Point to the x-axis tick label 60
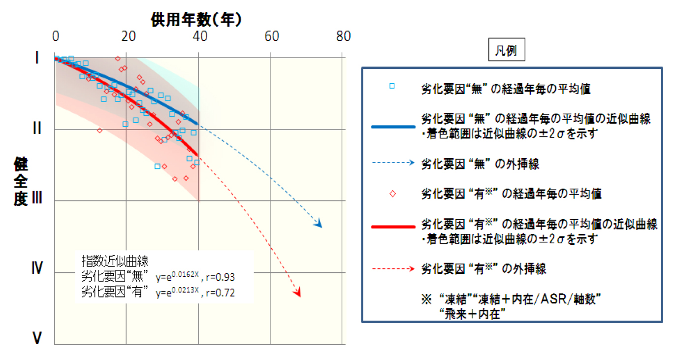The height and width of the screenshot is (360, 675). [271, 36]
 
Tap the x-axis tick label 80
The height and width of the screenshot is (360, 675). [343, 36]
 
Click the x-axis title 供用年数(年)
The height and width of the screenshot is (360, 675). [196, 19]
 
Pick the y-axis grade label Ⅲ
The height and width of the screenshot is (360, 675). [37, 199]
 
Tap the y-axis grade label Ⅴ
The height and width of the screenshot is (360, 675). [37, 338]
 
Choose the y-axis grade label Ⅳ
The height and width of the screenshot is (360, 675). [37, 269]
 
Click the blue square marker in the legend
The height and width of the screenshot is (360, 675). [392, 86]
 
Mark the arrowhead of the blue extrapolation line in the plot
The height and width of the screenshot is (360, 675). [319, 225]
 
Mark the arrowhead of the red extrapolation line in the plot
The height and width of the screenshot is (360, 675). [297, 294]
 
